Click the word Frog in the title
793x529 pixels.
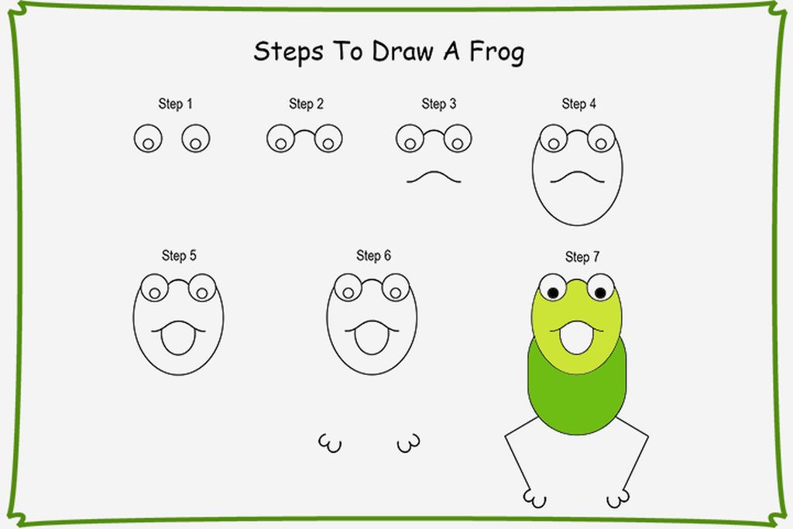(496, 53)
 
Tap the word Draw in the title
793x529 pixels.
(403, 51)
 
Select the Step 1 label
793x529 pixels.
(176, 104)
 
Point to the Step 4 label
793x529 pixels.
(578, 104)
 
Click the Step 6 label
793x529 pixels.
(373, 256)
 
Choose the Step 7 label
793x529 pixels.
(582, 257)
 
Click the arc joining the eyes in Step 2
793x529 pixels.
(304, 130)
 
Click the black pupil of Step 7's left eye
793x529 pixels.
(553, 293)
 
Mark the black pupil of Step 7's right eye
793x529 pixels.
(600, 292)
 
